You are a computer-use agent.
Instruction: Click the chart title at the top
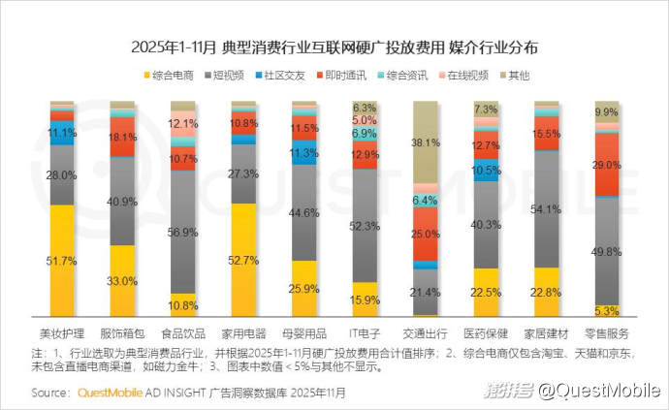click(x=334, y=46)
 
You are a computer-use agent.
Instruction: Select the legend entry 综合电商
click(x=170, y=75)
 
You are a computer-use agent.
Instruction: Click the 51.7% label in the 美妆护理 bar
click(x=62, y=261)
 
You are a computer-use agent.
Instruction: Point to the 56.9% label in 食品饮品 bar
click(x=183, y=232)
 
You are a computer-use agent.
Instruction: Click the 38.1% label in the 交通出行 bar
click(x=426, y=142)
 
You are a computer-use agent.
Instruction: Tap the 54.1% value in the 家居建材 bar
click(x=547, y=209)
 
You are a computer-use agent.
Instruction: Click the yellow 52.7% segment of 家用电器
click(x=243, y=260)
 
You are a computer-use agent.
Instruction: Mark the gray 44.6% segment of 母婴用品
click(x=304, y=212)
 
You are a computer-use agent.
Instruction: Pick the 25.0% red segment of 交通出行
click(x=426, y=234)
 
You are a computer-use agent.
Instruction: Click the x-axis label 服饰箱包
click(x=122, y=331)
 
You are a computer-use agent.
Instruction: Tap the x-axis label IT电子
click(x=365, y=331)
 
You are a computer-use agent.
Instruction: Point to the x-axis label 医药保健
click(x=486, y=331)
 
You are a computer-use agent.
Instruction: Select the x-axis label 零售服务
click(x=607, y=331)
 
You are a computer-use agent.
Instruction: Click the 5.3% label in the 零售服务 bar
click(x=607, y=311)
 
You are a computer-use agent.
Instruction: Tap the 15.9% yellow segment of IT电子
click(x=365, y=300)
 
